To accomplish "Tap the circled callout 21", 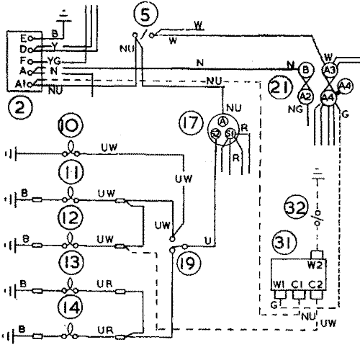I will tap(280, 87).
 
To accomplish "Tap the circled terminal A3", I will tap(329, 69).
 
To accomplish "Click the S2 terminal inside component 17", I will tap(215, 135).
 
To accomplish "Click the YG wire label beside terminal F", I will tap(53, 62).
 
